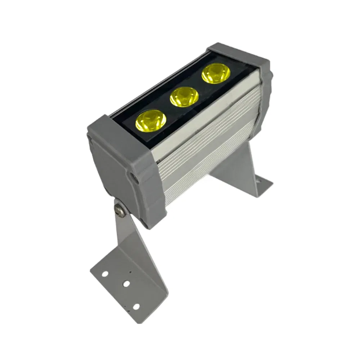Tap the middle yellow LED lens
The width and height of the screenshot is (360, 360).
(x=184, y=97)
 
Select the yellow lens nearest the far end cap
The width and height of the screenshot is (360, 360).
(x=216, y=73)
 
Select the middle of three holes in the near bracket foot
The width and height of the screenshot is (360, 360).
(x=126, y=284)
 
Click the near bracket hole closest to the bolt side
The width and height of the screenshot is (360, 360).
(x=105, y=274)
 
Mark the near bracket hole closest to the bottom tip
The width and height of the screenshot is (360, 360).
(x=136, y=307)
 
